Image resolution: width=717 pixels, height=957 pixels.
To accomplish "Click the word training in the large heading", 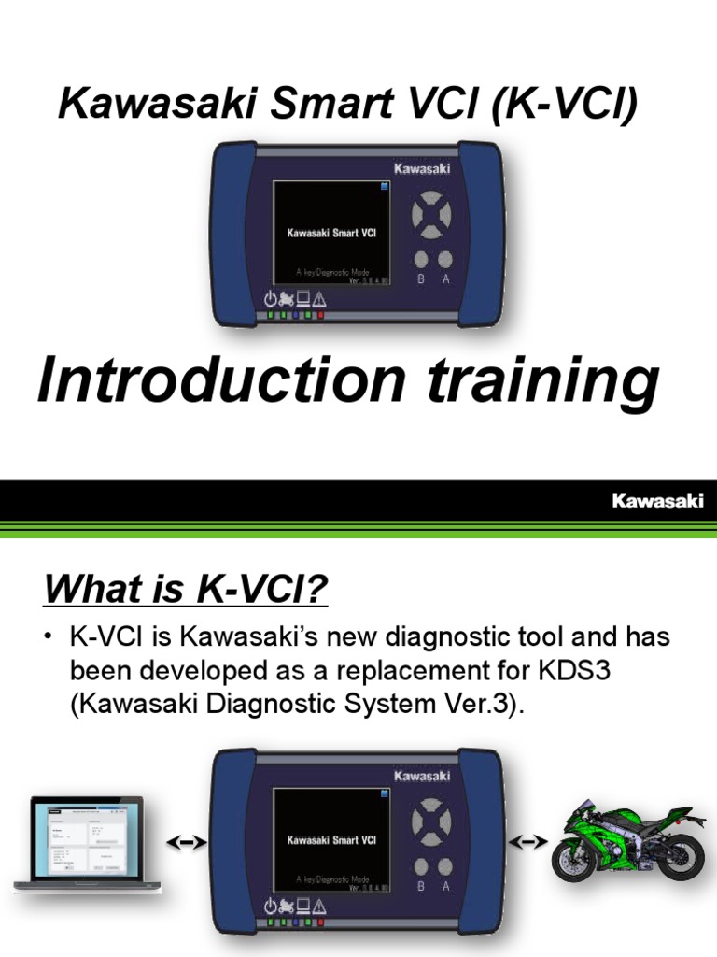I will (x=539, y=383).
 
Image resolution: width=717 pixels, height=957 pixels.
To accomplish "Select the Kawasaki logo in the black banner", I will (x=657, y=502).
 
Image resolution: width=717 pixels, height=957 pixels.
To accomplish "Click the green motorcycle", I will (x=626, y=840).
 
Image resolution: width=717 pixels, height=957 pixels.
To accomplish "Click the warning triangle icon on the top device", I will (x=319, y=299).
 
